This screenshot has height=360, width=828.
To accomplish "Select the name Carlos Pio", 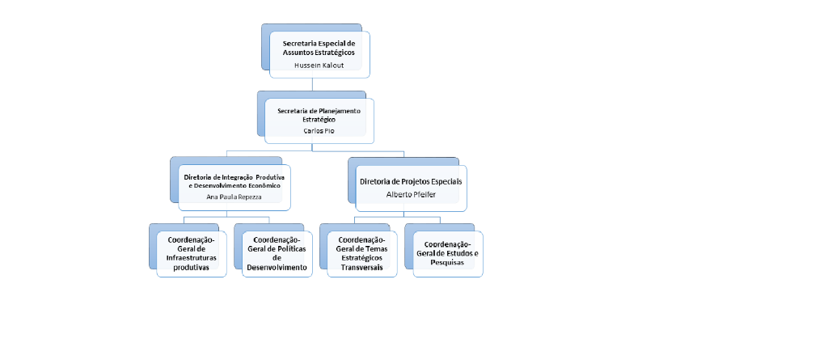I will coord(318,130).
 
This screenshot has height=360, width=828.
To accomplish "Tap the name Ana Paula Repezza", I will coord(234,197).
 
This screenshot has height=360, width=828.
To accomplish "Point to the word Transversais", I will coord(362,267).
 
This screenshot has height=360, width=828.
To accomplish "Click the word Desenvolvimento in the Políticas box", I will coord(277,267).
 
